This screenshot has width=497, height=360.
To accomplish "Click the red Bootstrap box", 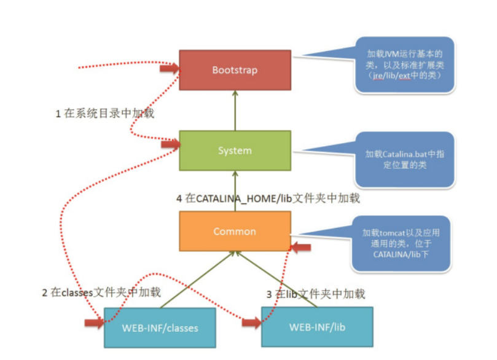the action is coord(235,70).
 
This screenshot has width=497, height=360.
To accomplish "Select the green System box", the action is coord(235,151).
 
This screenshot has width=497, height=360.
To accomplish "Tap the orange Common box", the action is coord(235,232).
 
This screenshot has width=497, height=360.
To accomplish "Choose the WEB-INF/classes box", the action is coord(160,327).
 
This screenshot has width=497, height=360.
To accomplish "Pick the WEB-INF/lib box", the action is coord(317,327).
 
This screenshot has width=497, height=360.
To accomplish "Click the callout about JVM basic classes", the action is coord(404,65).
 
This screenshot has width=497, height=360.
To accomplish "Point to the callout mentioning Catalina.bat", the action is coord(405,160).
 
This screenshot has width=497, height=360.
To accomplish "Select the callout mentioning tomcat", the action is coord(401,244).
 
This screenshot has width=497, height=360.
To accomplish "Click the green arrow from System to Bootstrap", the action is coord(235,111).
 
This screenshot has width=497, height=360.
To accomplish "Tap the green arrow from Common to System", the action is coord(235,191).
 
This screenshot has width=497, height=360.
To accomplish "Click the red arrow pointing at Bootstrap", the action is coord(170,68).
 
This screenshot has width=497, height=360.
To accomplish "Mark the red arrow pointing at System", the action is coord(171,144).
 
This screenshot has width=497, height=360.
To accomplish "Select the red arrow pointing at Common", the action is coord(301,247).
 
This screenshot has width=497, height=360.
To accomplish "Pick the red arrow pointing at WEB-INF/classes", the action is coord(95,323).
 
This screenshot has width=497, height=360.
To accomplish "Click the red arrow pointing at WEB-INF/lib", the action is coord(252,323).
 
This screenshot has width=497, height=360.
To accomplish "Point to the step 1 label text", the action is coord(105,113).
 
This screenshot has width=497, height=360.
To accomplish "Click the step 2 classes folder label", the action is coord(101,292).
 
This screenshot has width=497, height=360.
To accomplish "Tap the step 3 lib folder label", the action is coord(316,294).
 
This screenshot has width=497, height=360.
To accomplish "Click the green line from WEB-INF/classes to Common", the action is coord(197,280).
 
